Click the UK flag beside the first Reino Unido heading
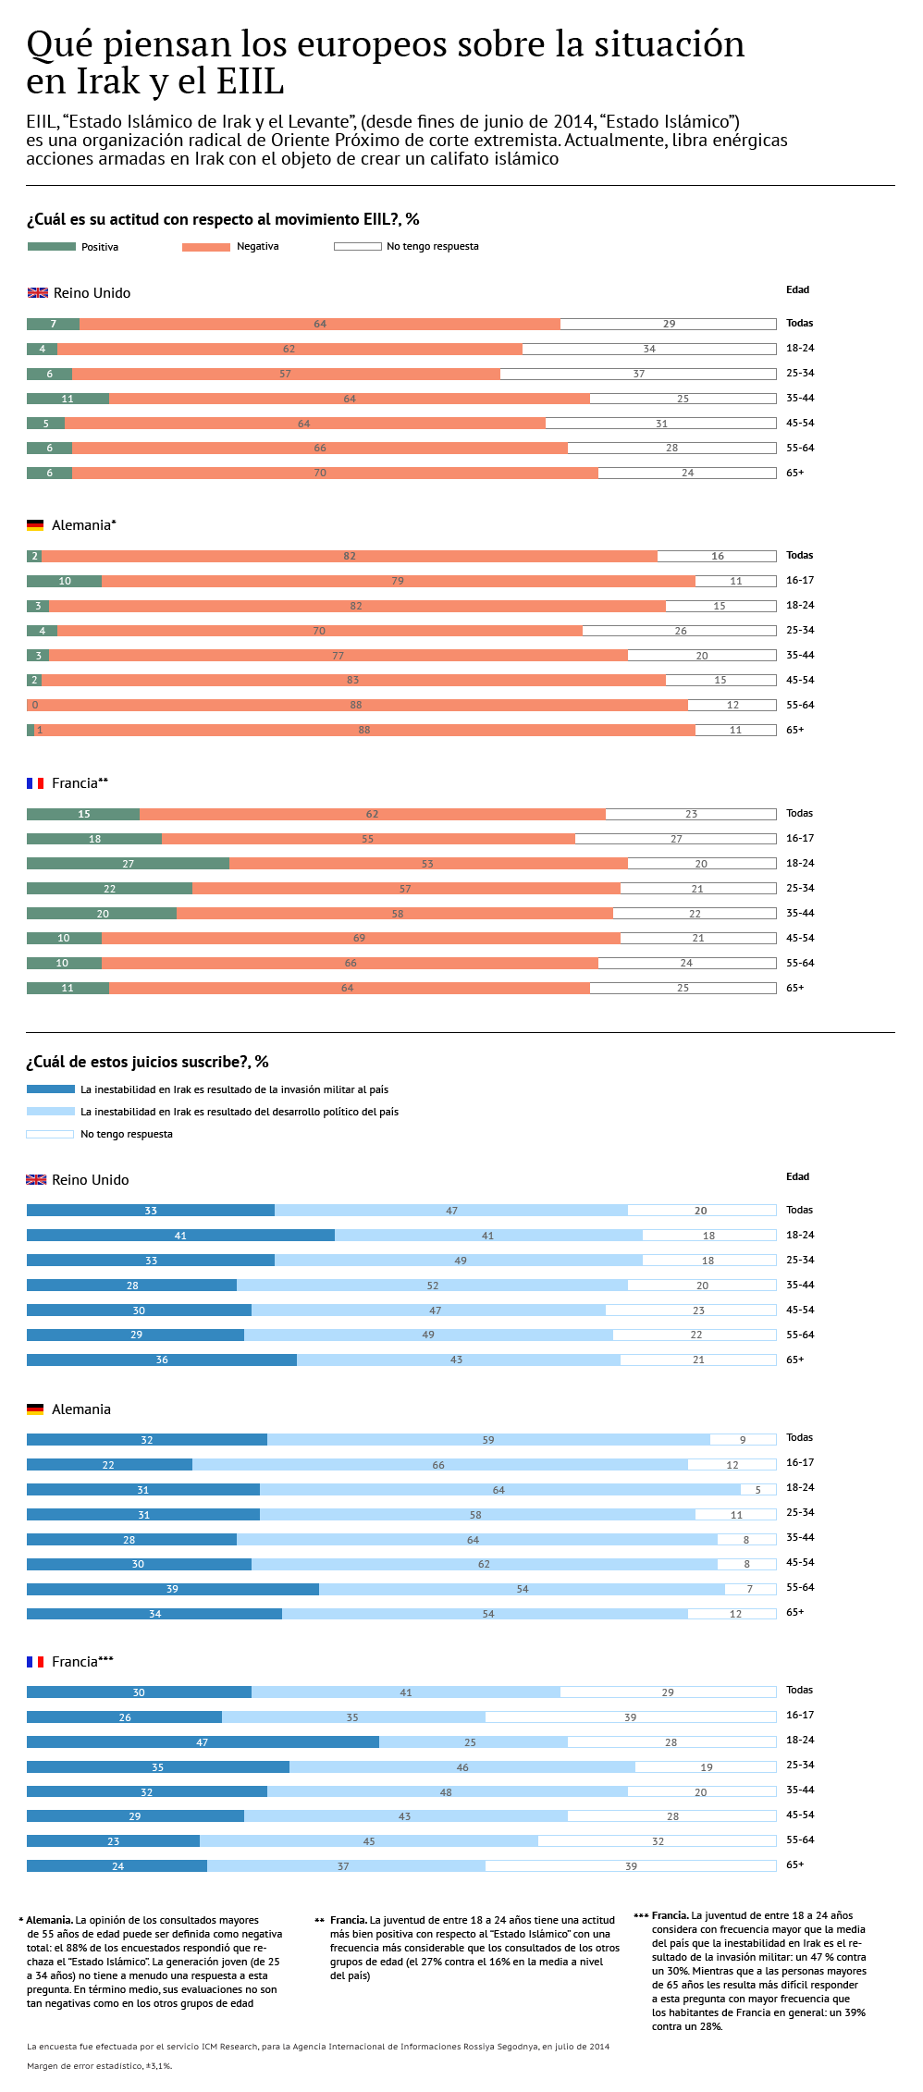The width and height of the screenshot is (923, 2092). [x=38, y=293]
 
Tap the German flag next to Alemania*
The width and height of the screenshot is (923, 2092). [x=35, y=525]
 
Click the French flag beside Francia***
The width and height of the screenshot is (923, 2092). [x=35, y=1662]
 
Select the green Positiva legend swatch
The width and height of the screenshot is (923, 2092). [x=52, y=247]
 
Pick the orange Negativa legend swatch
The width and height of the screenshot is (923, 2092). [x=206, y=247]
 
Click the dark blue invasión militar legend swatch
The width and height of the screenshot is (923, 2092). [x=51, y=1089]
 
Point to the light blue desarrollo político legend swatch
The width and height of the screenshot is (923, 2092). [x=51, y=1112]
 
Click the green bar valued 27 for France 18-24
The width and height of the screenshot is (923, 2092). [x=129, y=864]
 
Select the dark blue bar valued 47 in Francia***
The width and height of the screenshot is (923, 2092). [x=203, y=1742]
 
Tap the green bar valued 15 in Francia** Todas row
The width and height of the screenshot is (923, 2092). [x=83, y=814]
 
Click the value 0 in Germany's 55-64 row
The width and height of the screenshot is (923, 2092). [x=35, y=705]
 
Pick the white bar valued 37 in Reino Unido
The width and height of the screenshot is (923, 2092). [x=638, y=374]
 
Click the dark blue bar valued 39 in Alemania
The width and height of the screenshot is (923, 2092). [x=173, y=1589]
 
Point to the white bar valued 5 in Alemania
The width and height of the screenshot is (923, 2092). [x=758, y=1490]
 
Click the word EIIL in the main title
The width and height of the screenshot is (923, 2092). [x=251, y=81]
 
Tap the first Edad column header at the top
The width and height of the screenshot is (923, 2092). [x=797, y=289]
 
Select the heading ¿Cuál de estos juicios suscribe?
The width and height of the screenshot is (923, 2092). [x=147, y=1062]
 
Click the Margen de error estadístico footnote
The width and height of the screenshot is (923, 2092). [x=100, y=2065]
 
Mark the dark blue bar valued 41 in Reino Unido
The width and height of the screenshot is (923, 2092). [x=180, y=1236]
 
